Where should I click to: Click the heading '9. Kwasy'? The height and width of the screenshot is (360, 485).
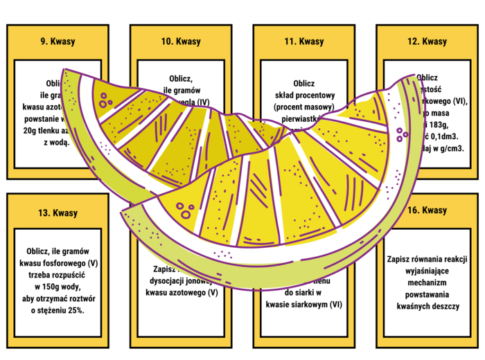pyautogui.click(x=58, y=42)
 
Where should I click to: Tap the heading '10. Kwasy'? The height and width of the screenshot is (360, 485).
pyautogui.click(x=181, y=42)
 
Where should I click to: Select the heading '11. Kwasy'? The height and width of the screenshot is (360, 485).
pyautogui.click(x=304, y=42)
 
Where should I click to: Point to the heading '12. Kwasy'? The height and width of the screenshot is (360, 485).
pyautogui.click(x=427, y=42)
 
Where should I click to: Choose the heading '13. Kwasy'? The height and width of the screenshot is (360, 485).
pyautogui.click(x=58, y=213)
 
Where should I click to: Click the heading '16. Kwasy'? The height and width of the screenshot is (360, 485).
pyautogui.click(x=427, y=210)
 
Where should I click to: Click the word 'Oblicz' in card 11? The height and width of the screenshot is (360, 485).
pyautogui.click(x=304, y=83)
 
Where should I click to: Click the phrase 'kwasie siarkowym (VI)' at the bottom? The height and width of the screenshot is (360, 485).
pyautogui.click(x=304, y=305)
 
